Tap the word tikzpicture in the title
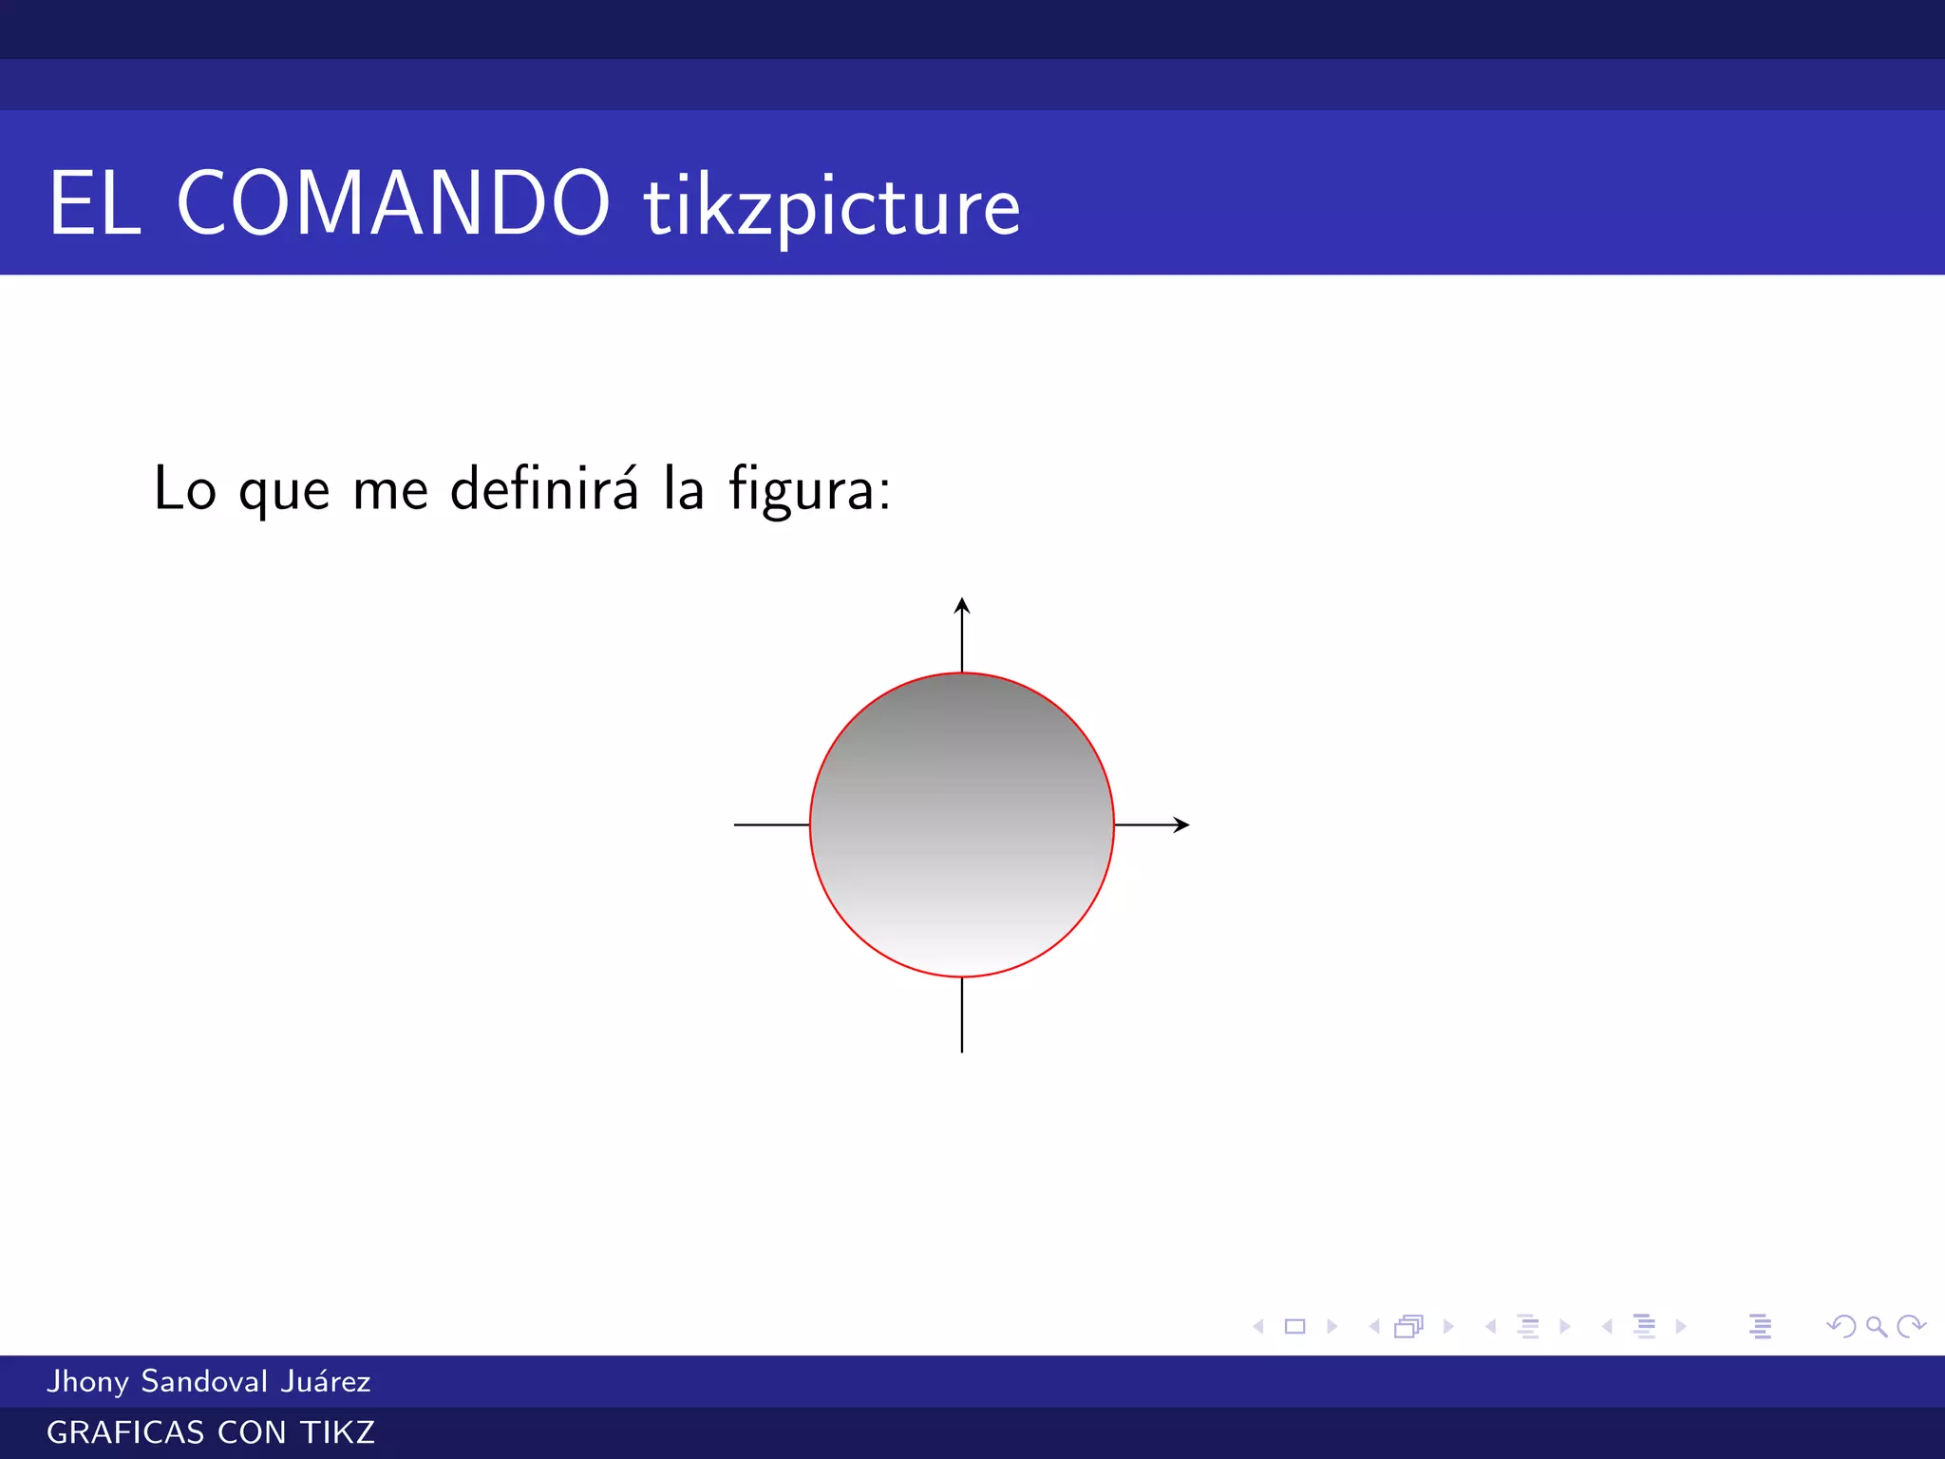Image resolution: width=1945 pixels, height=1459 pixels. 832,207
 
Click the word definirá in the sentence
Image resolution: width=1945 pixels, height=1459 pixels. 544,488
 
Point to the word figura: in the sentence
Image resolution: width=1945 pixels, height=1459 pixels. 810,490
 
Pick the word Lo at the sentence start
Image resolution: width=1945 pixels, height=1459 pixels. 185,490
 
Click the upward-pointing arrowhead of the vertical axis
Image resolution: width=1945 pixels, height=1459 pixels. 962,605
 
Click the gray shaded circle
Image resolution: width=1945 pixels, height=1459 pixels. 962,824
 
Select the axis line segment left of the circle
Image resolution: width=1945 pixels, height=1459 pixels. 771,824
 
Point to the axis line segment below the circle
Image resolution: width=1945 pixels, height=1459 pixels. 962,1014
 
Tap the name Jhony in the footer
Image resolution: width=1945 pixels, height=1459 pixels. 87,1381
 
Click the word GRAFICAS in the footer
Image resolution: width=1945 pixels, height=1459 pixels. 125,1432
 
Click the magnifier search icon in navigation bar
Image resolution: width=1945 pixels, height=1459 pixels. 1876,1326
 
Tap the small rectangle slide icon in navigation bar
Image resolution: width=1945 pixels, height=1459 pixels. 1294,1326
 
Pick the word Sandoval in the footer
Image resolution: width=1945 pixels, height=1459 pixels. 204,1381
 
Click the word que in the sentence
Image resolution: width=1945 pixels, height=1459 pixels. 284,492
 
